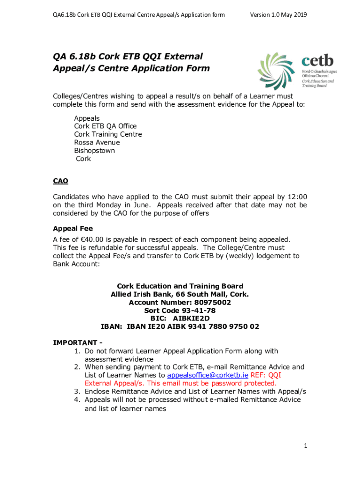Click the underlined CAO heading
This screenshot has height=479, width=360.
[61, 181]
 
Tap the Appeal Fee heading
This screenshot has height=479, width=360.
[73, 228]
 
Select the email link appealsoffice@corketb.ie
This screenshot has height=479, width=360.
[208, 375]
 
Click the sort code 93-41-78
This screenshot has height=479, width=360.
[192, 311]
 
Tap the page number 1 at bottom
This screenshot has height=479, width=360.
[305, 446]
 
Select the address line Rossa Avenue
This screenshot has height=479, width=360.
[97, 142]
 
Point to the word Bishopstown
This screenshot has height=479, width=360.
[94, 151]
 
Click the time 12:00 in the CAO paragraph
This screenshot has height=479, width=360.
[297, 197]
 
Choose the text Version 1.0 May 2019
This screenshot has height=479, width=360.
[278, 15]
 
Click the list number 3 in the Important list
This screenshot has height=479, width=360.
[76, 391]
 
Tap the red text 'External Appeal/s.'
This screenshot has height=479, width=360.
[112, 383]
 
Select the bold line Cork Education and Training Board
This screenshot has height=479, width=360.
[180, 286]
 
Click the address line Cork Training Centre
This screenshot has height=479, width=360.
[108, 134]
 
